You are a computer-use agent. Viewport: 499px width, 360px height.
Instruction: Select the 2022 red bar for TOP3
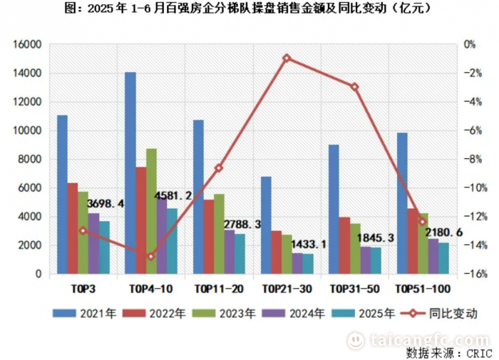point(73,228)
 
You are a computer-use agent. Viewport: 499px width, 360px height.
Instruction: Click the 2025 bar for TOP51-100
point(443,258)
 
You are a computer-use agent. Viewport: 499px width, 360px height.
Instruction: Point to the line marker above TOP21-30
point(287,58)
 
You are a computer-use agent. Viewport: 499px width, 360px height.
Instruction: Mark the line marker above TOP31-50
point(354,87)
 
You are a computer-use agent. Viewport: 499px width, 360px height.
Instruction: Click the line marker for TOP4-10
point(151,257)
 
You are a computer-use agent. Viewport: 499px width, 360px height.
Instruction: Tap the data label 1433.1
point(308,245)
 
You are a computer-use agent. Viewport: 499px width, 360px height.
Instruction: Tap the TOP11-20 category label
point(219,289)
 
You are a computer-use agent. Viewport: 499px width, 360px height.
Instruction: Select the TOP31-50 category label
point(354,289)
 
